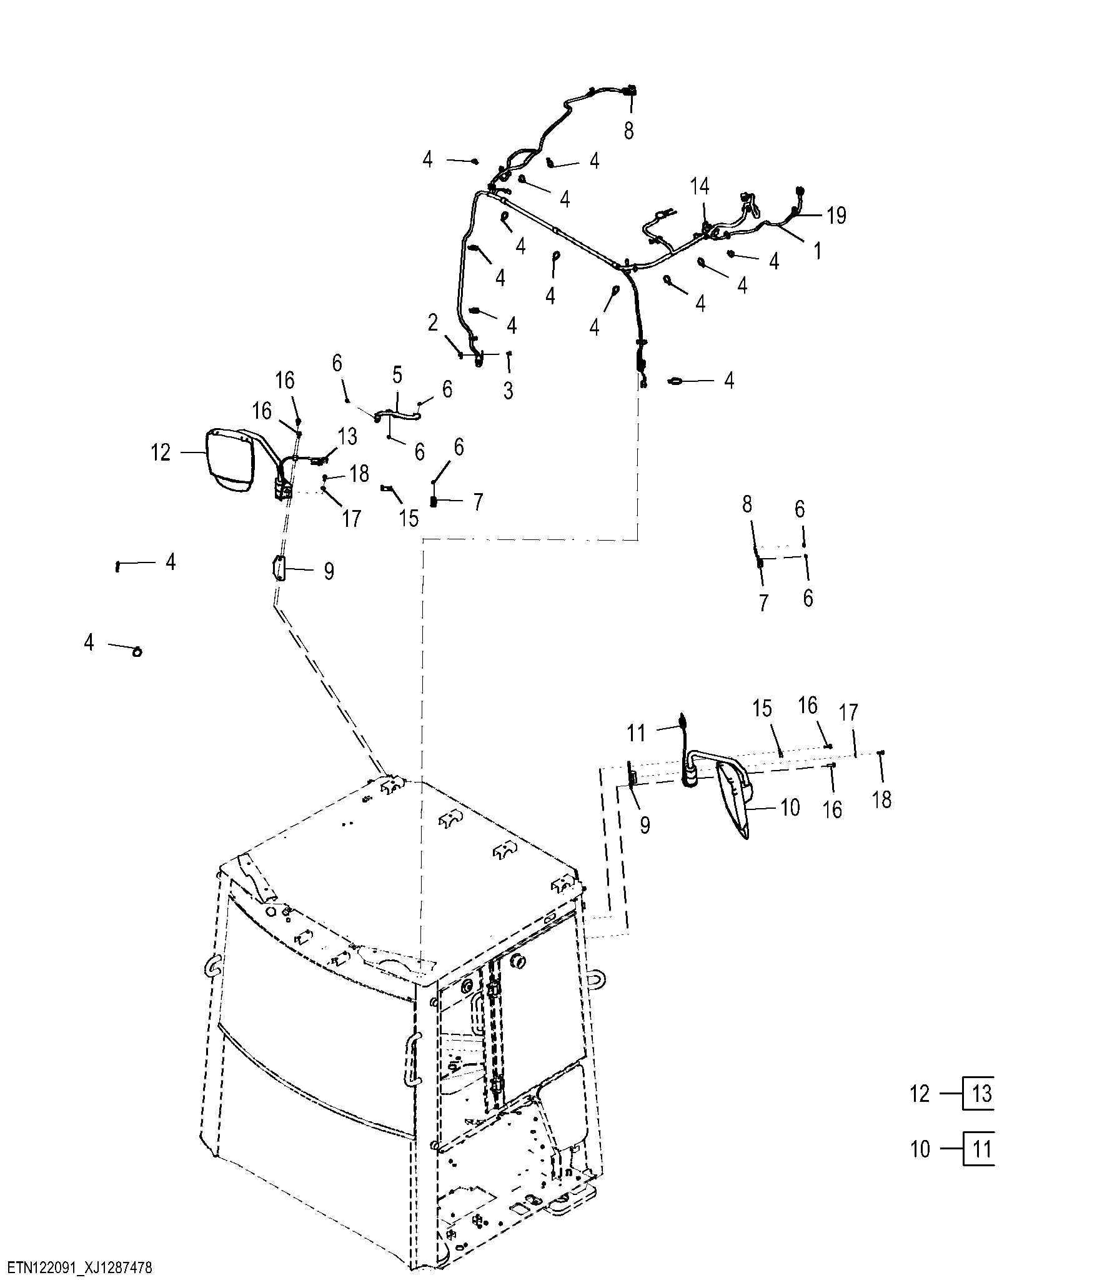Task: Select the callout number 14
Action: pyautogui.click(x=700, y=186)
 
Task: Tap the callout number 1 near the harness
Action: pyautogui.click(x=817, y=251)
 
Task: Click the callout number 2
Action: pyautogui.click(x=433, y=324)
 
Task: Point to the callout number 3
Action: pyautogui.click(x=509, y=391)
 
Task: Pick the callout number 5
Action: pyautogui.click(x=397, y=375)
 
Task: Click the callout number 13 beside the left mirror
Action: pyautogui.click(x=347, y=436)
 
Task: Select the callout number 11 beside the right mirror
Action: pyautogui.click(x=637, y=732)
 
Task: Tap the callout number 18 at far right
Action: pyautogui.click(x=881, y=800)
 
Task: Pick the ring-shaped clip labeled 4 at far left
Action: pyautogui.click(x=137, y=652)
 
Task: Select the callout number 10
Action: pyautogui.click(x=790, y=807)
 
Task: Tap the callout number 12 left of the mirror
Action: pyautogui.click(x=161, y=452)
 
